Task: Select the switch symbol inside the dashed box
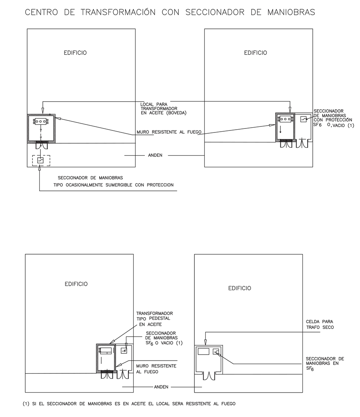click(x=41, y=160)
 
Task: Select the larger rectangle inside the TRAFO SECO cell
click(x=204, y=352)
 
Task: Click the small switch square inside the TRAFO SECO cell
click(x=216, y=352)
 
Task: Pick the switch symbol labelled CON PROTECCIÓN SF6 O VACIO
click(x=304, y=119)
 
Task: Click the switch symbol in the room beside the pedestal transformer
click(x=124, y=351)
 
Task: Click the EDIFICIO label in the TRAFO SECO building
click(x=240, y=288)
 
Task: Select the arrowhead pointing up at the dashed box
click(x=40, y=168)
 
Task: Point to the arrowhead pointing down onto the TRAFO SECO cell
click(x=205, y=342)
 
